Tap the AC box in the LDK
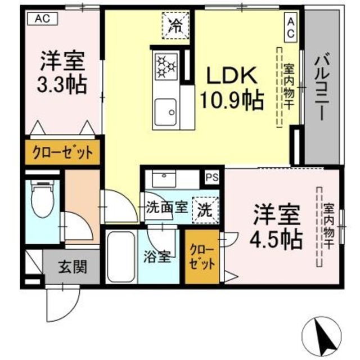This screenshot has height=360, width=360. [291, 26]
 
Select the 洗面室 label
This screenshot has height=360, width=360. [166, 206]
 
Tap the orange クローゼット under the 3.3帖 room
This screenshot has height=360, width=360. [62, 152]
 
